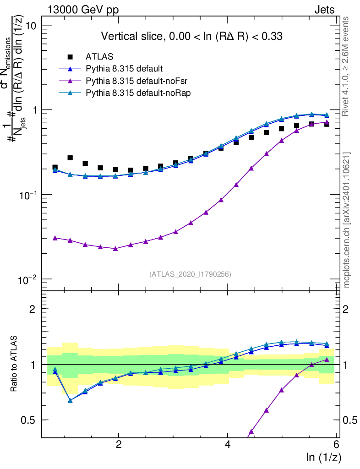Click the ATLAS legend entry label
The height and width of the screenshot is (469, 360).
click(x=99, y=57)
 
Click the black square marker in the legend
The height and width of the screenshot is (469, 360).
click(x=70, y=57)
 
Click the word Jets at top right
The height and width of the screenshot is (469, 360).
click(x=324, y=10)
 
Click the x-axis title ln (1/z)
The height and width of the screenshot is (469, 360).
click(x=323, y=457)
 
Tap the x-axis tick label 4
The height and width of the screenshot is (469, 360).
click(x=228, y=445)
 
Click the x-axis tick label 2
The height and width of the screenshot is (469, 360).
click(x=119, y=445)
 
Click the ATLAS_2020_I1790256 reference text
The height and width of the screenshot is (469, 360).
click(x=190, y=274)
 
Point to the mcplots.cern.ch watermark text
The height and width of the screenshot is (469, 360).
click(x=347, y=220)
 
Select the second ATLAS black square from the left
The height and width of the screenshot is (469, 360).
click(x=70, y=158)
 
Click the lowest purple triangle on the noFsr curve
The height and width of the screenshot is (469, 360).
click(x=115, y=248)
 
